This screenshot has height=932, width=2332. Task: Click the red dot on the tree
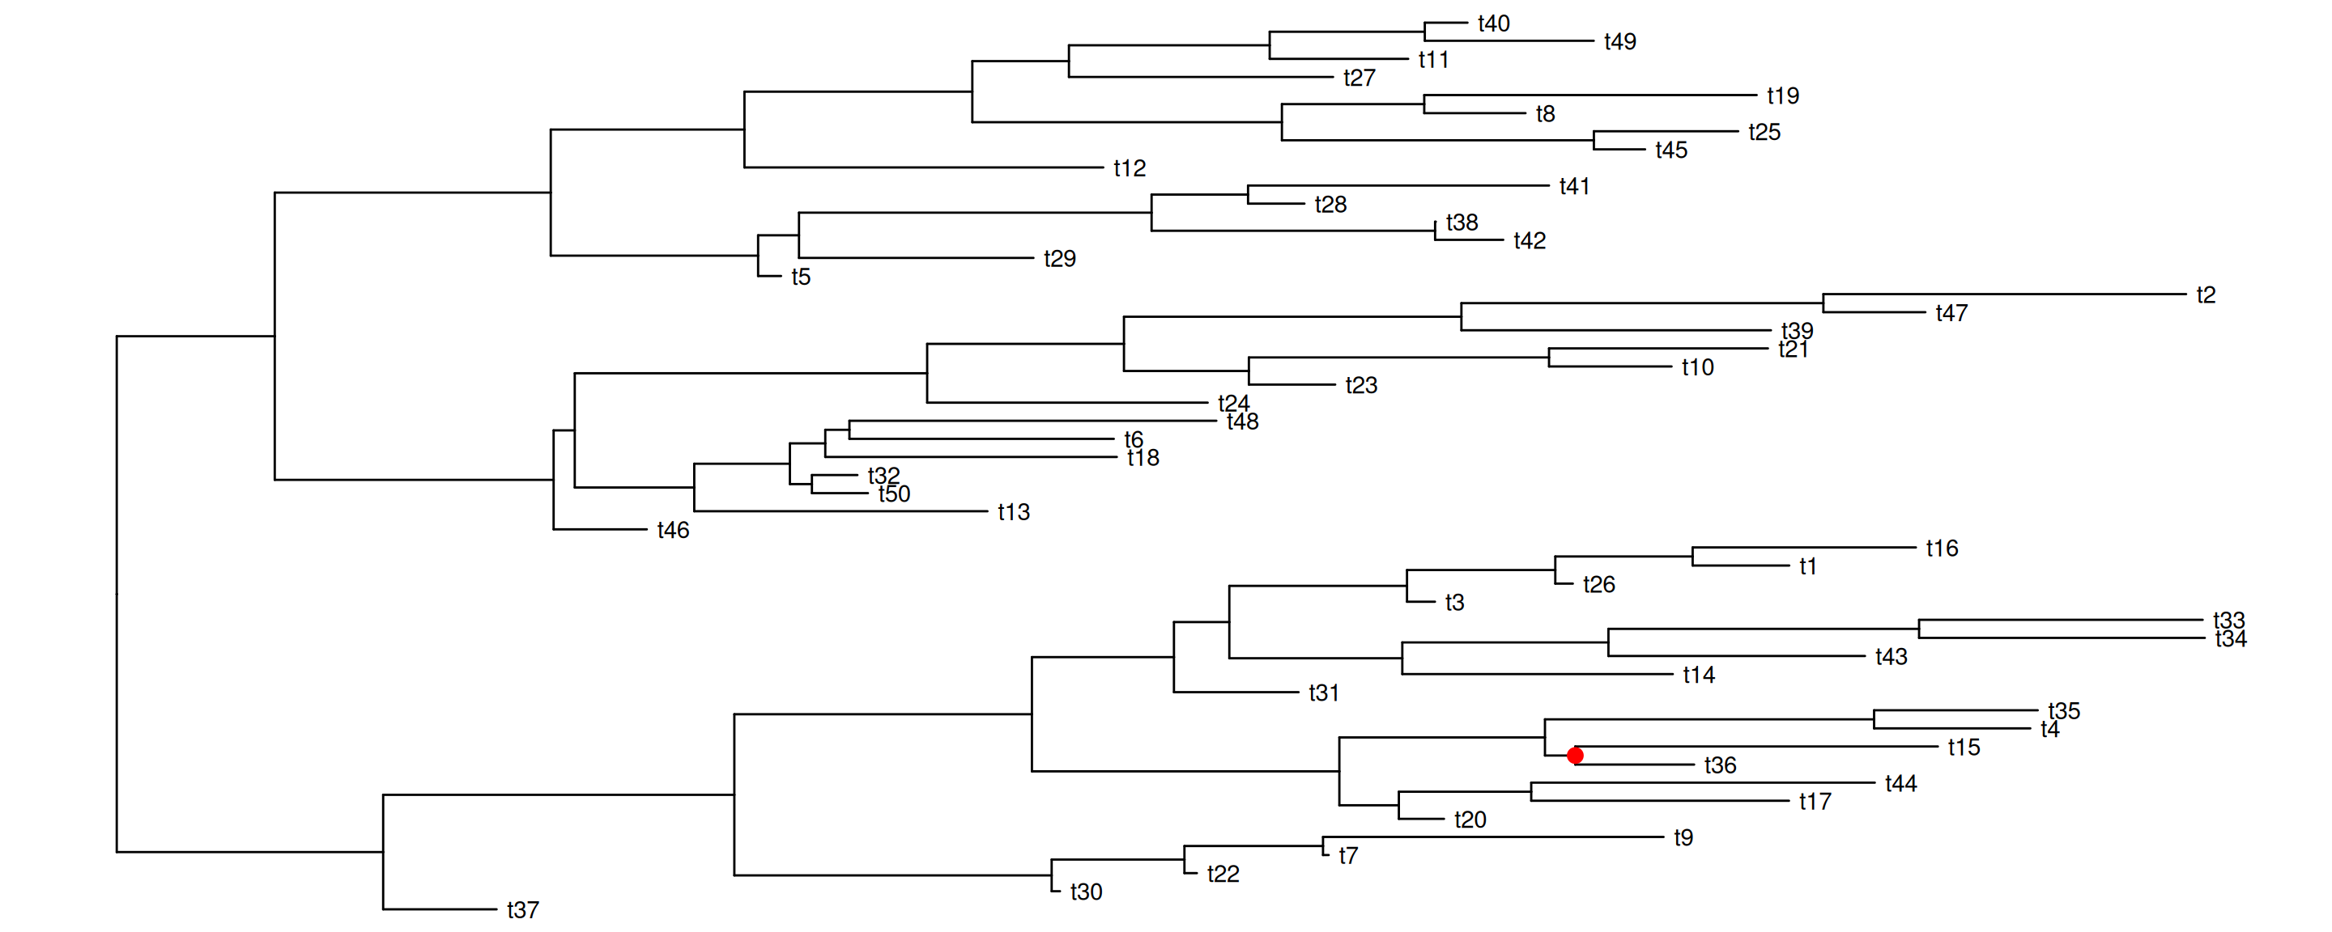(x=1575, y=756)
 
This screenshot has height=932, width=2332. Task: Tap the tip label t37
(x=523, y=910)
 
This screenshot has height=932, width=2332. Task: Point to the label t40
(x=1494, y=23)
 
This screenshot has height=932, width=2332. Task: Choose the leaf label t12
(x=1130, y=168)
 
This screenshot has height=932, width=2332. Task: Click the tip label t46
(x=674, y=530)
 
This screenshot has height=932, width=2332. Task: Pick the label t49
(x=1619, y=41)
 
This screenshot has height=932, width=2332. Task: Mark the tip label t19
(x=1782, y=96)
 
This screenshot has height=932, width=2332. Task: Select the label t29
(x=1060, y=259)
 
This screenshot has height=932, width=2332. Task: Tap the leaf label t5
(x=801, y=277)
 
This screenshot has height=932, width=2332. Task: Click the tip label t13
(x=1014, y=512)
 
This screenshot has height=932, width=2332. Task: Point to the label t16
(x=1942, y=549)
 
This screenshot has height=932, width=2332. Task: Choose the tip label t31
(x=1324, y=693)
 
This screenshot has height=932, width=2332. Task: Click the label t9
(x=1684, y=838)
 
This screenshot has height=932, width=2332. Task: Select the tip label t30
(x=1087, y=892)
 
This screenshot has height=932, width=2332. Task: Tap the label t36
(x=1720, y=765)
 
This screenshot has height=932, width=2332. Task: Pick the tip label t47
(x=1951, y=313)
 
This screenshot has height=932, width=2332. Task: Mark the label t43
(x=1892, y=657)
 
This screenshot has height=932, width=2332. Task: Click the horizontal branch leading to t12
(x=923, y=167)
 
